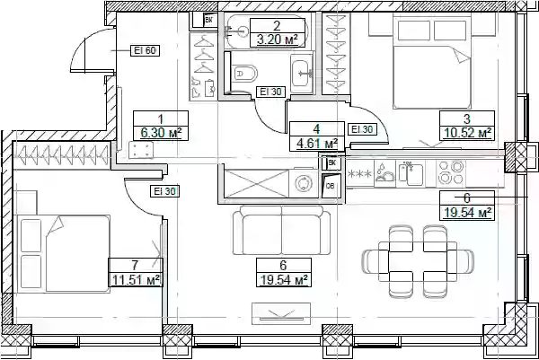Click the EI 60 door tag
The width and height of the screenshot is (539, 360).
(x=145, y=50)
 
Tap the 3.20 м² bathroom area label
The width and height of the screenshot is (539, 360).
(x=277, y=40)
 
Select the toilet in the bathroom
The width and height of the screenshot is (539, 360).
(x=246, y=74)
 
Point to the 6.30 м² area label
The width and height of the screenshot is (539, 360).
(x=161, y=133)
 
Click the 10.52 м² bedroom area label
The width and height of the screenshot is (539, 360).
(x=467, y=133)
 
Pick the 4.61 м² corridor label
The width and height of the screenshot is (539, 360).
(x=316, y=144)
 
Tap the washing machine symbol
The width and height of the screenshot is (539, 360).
(x=304, y=183)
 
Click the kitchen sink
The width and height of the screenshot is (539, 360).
(x=411, y=174)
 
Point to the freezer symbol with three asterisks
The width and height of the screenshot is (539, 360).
(x=360, y=173)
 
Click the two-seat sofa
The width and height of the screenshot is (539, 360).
(x=281, y=230)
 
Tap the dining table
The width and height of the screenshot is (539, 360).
(x=418, y=262)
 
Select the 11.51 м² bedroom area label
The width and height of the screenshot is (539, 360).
(x=136, y=279)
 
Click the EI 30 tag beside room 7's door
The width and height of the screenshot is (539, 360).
(x=165, y=191)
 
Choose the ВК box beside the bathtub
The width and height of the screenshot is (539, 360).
(x=208, y=20)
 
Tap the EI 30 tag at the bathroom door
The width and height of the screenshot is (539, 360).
(x=271, y=92)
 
